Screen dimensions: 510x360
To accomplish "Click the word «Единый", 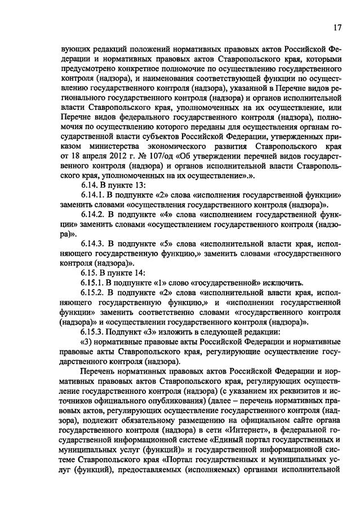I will click(x=227, y=442).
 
